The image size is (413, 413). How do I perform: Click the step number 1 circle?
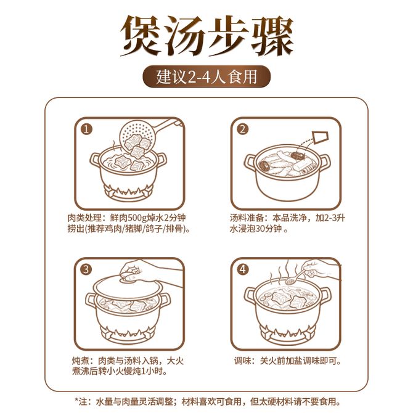pos(86,129)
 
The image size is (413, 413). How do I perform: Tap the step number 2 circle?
pos(242,129)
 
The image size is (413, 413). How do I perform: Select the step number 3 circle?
pos(86,269)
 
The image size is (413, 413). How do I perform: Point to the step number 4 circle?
pos(243,269)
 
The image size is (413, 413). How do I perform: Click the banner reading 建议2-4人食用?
pos(206,76)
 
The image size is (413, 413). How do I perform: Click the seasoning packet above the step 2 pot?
pos(321,137)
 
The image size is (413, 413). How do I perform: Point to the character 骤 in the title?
pos(272,35)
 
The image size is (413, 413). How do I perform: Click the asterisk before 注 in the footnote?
pos(77,400)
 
